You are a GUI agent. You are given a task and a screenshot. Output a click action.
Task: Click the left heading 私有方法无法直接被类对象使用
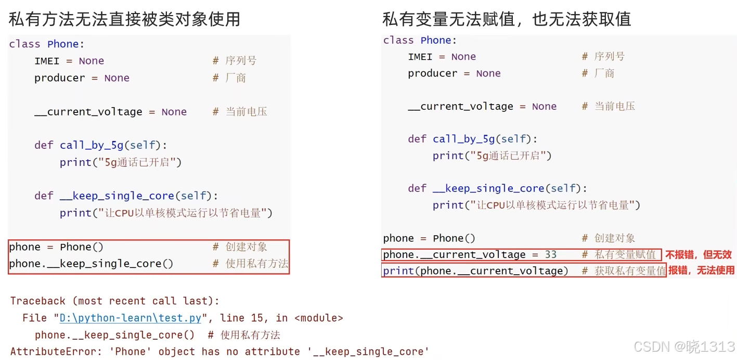click(x=124, y=19)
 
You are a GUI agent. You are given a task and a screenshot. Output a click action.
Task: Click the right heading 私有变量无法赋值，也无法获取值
click(x=507, y=19)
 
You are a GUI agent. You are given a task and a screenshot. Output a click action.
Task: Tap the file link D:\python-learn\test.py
click(x=131, y=318)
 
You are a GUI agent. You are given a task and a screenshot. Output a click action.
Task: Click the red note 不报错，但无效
click(x=699, y=255)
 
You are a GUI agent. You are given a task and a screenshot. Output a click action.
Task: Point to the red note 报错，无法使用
click(x=701, y=271)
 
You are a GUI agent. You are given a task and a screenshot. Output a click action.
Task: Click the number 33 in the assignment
click(x=550, y=255)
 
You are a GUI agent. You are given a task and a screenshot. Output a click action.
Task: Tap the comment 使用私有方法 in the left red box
click(x=257, y=264)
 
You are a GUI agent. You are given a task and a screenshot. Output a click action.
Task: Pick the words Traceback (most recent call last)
click(x=114, y=301)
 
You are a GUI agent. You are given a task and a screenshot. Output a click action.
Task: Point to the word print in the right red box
click(x=398, y=271)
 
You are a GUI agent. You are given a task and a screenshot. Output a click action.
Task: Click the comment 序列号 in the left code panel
click(x=241, y=61)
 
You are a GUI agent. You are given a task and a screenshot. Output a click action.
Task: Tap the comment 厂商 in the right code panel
click(x=605, y=73)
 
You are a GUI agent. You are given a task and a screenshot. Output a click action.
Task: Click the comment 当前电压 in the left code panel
click(x=246, y=112)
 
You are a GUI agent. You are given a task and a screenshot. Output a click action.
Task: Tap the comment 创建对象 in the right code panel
click(x=615, y=238)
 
